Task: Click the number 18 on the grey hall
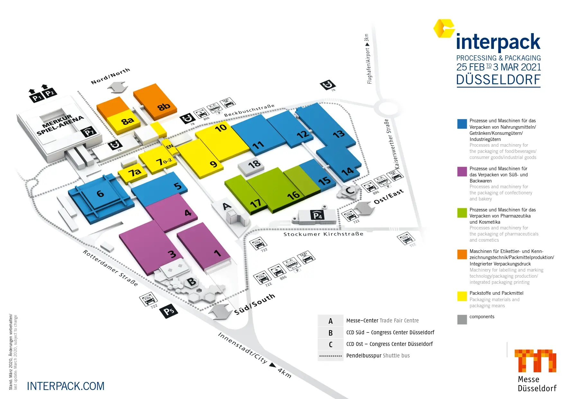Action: pos(254,164)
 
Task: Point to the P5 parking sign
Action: pos(169,311)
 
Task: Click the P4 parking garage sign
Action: pos(317,215)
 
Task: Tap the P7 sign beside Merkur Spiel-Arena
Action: pos(88,132)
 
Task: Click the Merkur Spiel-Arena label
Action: pos(60,125)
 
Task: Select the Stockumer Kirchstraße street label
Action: pos(323,234)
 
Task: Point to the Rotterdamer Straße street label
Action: pos(110,268)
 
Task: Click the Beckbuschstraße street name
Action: pos(249,110)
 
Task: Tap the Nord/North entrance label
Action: pos(110,76)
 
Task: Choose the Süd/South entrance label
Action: pos(255,304)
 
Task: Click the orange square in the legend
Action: pos(462,254)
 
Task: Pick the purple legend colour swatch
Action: pos(462,172)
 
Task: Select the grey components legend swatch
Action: pos(462,319)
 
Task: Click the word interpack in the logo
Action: pos(498,42)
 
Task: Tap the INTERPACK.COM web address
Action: pos(66,386)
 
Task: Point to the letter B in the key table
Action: pos(331,333)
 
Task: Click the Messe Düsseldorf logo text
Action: pos(537,384)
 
